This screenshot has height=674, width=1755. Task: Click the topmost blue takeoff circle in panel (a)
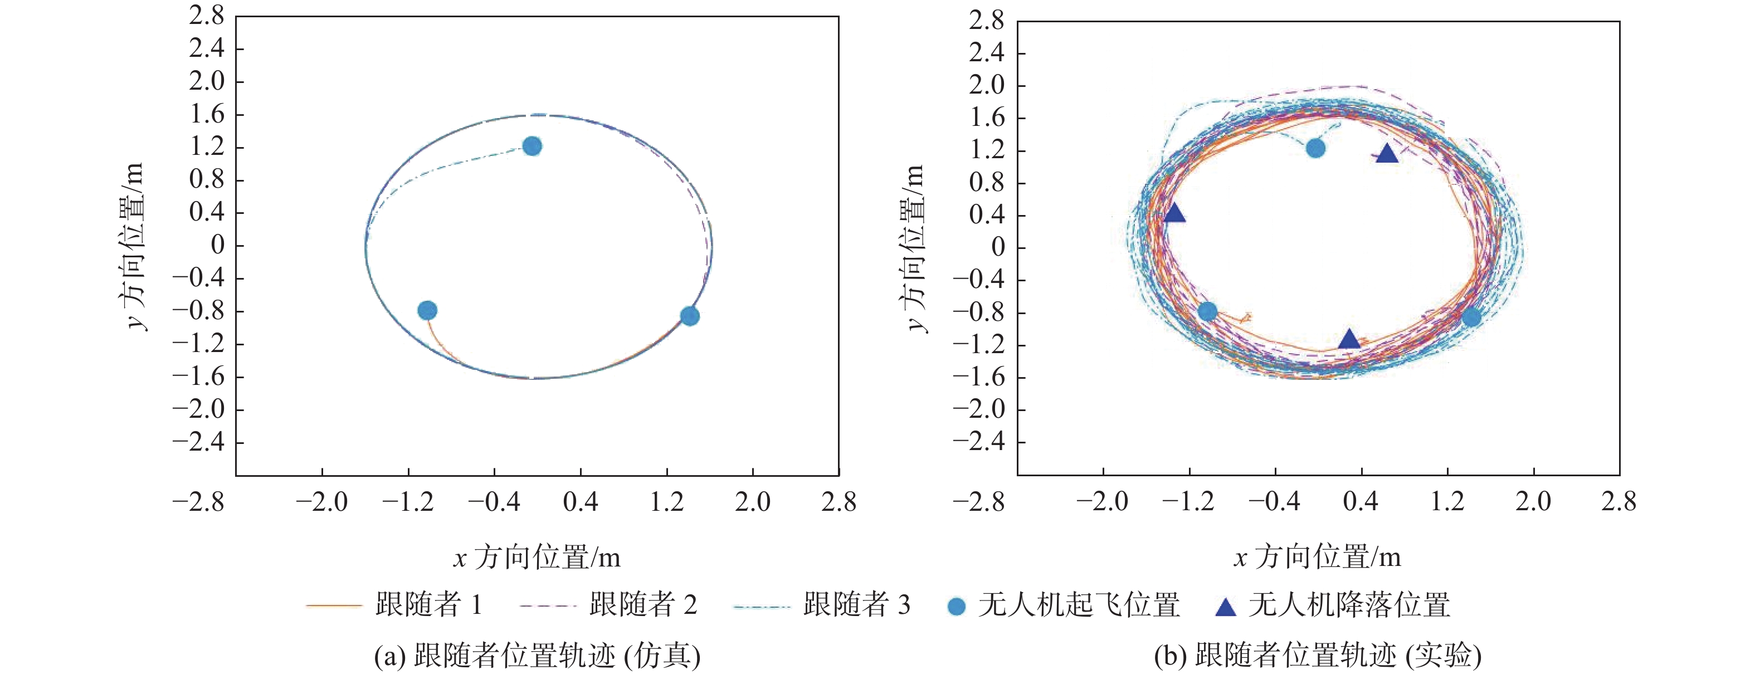pyautogui.click(x=532, y=146)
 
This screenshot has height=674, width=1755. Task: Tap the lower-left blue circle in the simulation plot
pyautogui.click(x=427, y=310)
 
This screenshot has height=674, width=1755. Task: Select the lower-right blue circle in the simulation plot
pyautogui.click(x=690, y=316)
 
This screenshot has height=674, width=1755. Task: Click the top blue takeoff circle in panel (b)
pyautogui.click(x=1315, y=148)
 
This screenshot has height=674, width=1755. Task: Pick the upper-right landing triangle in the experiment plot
pyautogui.click(x=1387, y=154)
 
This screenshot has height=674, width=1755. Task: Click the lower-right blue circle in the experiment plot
pyautogui.click(x=1471, y=316)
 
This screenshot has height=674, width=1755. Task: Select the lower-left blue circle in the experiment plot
pyautogui.click(x=1207, y=312)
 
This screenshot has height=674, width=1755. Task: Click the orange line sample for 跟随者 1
pyautogui.click(x=334, y=604)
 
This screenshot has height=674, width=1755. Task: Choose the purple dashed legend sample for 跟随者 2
pyautogui.click(x=548, y=604)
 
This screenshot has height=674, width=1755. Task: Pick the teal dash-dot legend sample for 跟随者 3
pyautogui.click(x=762, y=604)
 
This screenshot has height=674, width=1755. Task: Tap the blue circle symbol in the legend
pyautogui.click(x=957, y=606)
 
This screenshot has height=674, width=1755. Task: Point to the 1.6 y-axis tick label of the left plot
pyautogui.click(x=207, y=114)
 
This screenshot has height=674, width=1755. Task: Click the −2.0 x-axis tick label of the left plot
pyautogui.click(x=321, y=502)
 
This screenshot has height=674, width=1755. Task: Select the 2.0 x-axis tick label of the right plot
pyautogui.click(x=1533, y=502)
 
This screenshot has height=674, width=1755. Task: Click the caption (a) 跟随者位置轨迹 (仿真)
pyautogui.click(x=537, y=656)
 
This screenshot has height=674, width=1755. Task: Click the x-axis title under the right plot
pyautogui.click(x=1317, y=558)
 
